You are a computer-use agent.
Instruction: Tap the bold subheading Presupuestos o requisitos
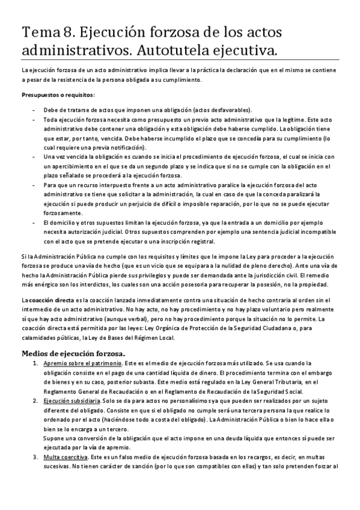click(58, 95)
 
